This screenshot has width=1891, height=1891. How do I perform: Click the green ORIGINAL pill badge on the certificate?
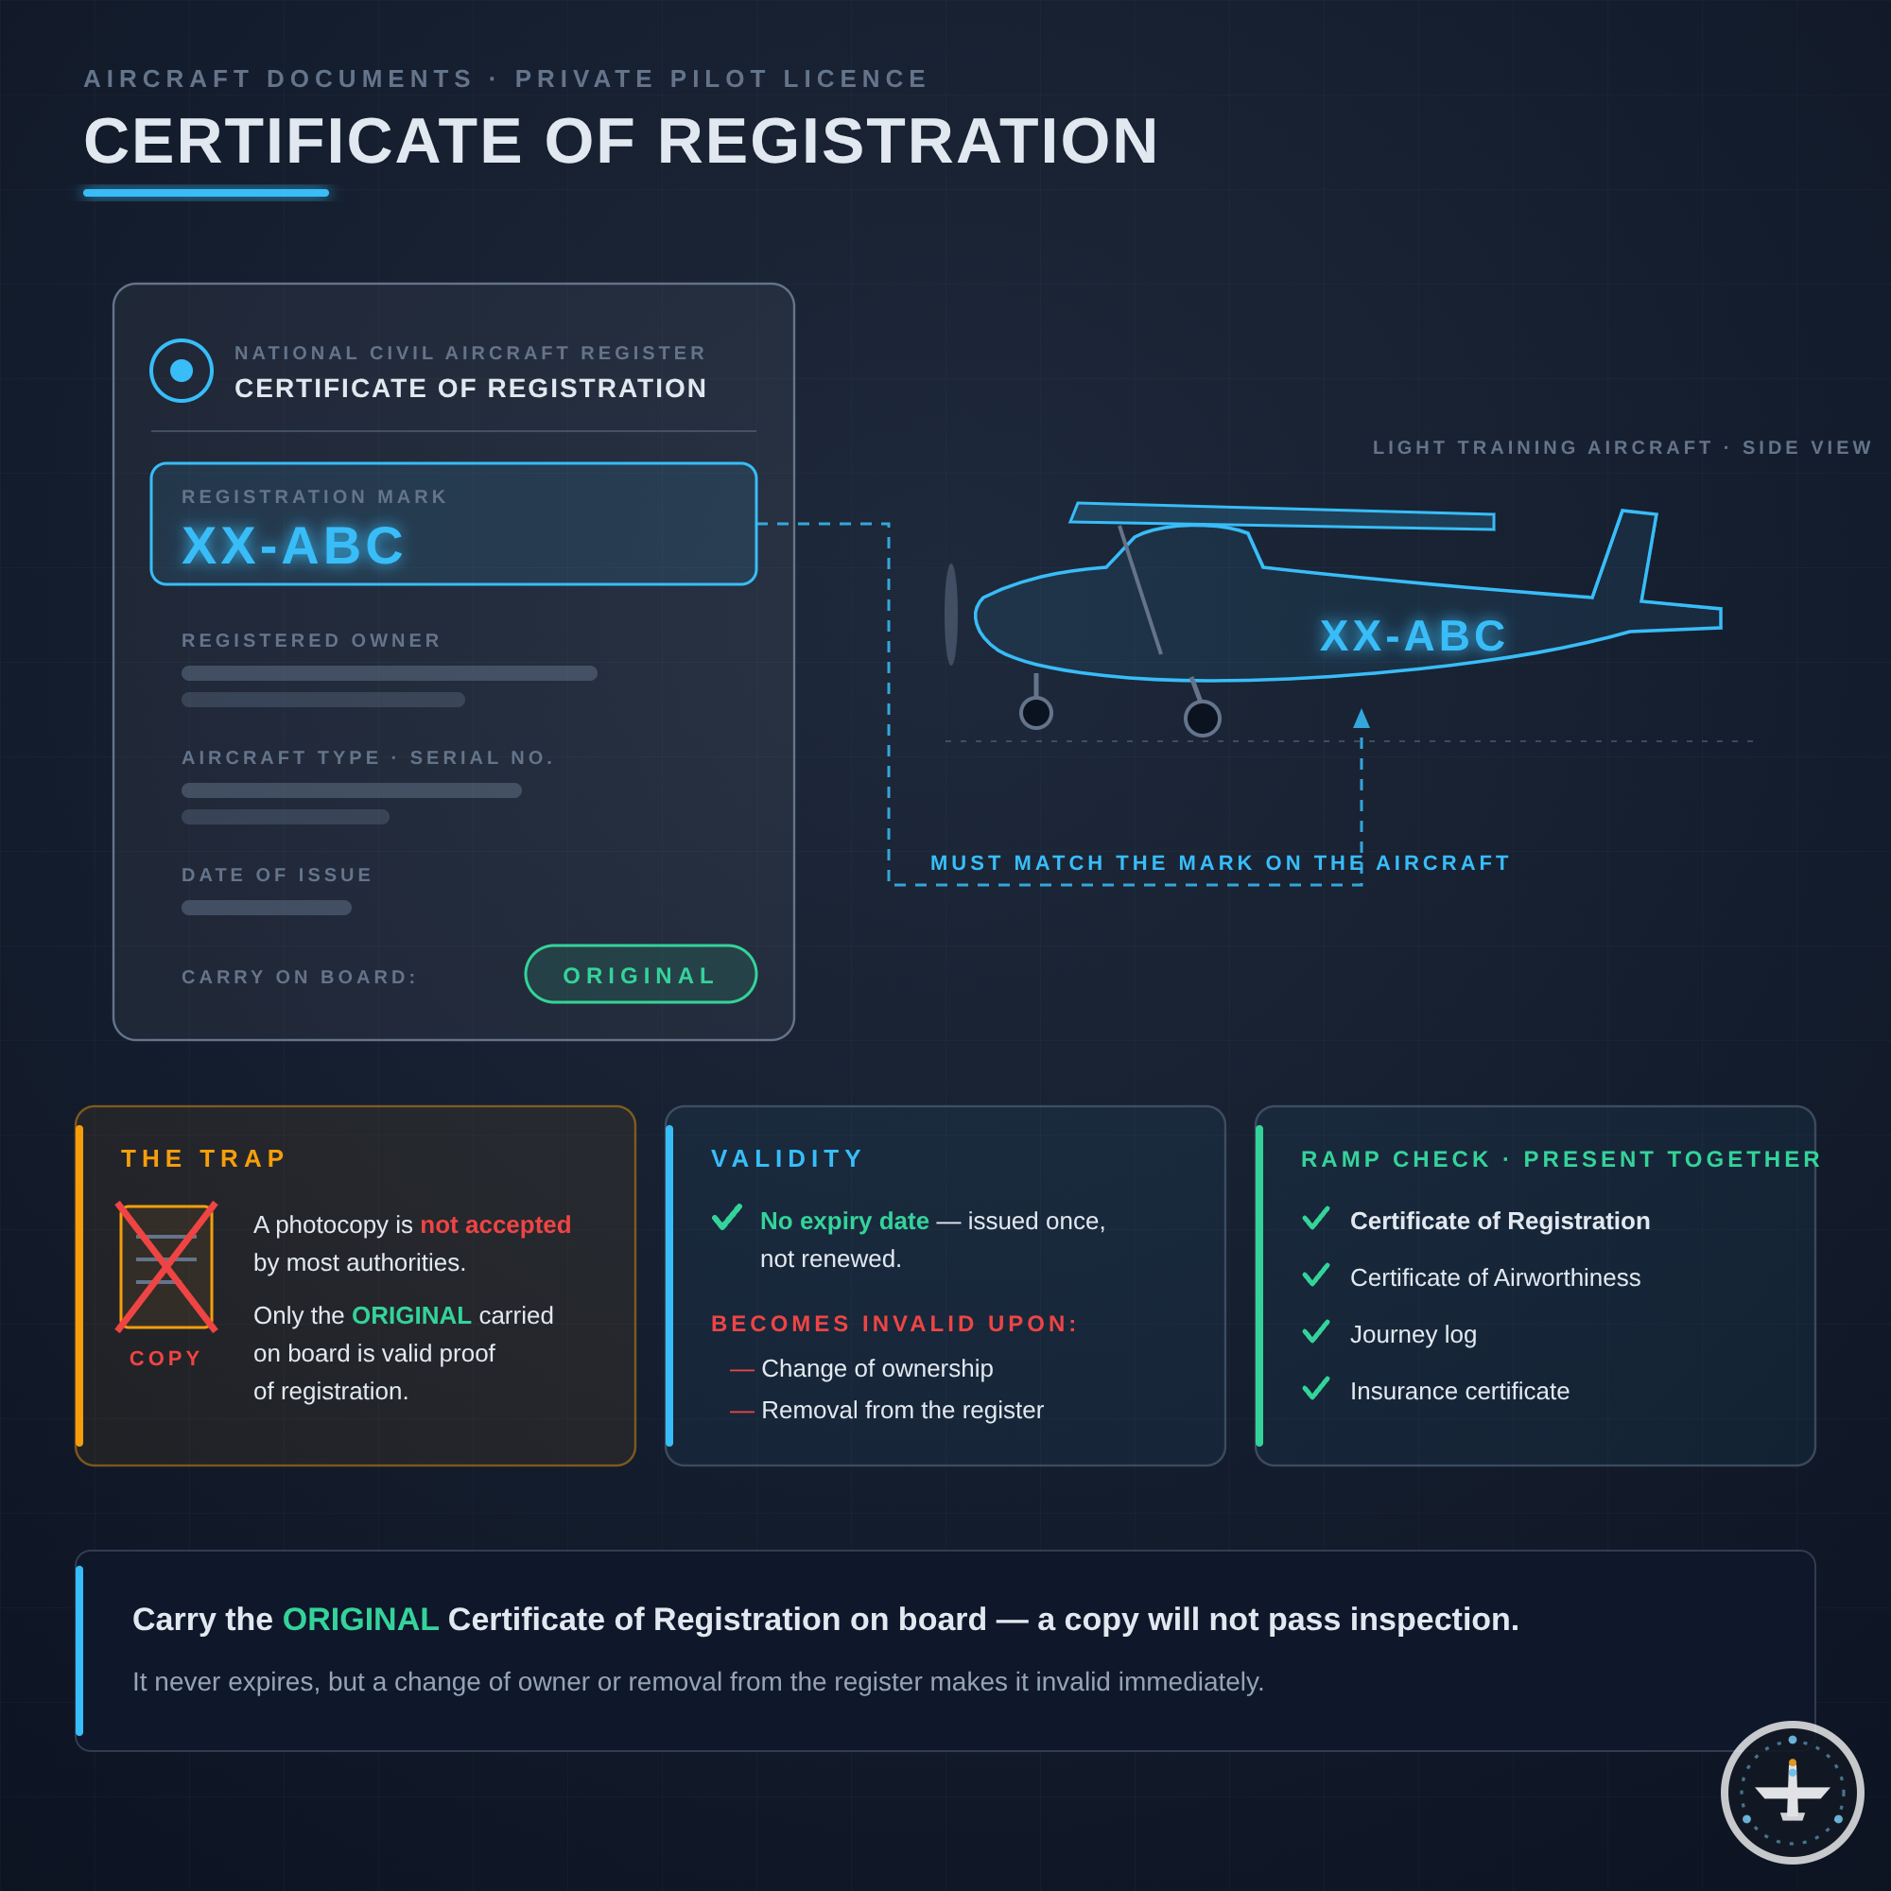pos(640,974)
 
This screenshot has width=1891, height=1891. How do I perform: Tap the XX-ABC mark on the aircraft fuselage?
pos(1413,635)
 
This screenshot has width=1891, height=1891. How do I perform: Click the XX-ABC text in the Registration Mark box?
pos(293,546)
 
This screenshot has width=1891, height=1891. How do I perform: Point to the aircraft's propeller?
pos(951,615)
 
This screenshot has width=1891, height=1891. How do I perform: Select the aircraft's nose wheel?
pos(1035,713)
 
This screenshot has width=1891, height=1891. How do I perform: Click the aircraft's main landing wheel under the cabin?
pos(1202,719)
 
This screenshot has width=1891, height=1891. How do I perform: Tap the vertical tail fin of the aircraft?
pos(1625,555)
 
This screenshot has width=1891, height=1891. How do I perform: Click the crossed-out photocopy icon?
pos(166,1267)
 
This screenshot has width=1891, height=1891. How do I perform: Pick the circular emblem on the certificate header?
pos(182,370)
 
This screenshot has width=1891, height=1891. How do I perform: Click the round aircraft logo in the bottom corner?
pos(1792,1792)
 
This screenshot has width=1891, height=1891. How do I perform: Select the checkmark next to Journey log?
pos(1315,1331)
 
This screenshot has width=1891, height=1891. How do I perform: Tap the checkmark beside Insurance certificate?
pos(1315,1388)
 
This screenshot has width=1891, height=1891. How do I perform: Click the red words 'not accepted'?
pos(495,1224)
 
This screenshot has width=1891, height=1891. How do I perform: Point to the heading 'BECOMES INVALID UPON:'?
pos(893,1324)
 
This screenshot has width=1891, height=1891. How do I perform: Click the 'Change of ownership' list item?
pos(877,1368)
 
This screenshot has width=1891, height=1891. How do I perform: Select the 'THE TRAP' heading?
pos(203,1158)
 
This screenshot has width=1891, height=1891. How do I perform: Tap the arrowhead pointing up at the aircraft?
pos(1362,719)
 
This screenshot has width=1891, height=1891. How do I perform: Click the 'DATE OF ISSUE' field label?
pos(277,875)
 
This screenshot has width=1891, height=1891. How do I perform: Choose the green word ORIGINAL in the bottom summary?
pos(360,1620)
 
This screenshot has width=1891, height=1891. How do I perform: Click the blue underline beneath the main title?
pos(205,193)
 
